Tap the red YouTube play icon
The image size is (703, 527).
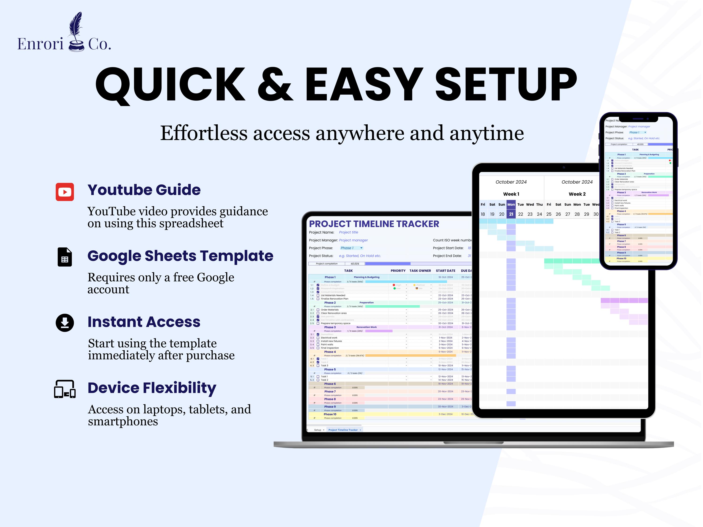pyautogui.click(x=65, y=192)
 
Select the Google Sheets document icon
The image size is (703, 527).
pyautogui.click(x=65, y=257)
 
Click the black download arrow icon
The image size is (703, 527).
pyautogui.click(x=65, y=323)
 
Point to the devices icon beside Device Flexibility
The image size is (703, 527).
pyautogui.click(x=65, y=389)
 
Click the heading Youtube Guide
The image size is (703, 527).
pyautogui.click(x=144, y=190)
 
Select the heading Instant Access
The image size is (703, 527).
pyautogui.click(x=144, y=322)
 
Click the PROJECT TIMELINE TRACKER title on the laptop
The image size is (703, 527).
pyautogui.click(x=374, y=224)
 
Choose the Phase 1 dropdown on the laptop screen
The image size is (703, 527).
pyautogui.click(x=351, y=248)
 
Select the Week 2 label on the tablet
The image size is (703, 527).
pyautogui.click(x=577, y=194)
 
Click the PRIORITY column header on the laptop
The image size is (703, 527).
pyautogui.click(x=398, y=271)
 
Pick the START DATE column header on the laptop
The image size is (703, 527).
pyautogui.click(x=445, y=271)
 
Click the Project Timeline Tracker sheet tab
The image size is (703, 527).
pyautogui.click(x=344, y=430)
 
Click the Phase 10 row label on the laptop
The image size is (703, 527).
pyautogui.click(x=330, y=415)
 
